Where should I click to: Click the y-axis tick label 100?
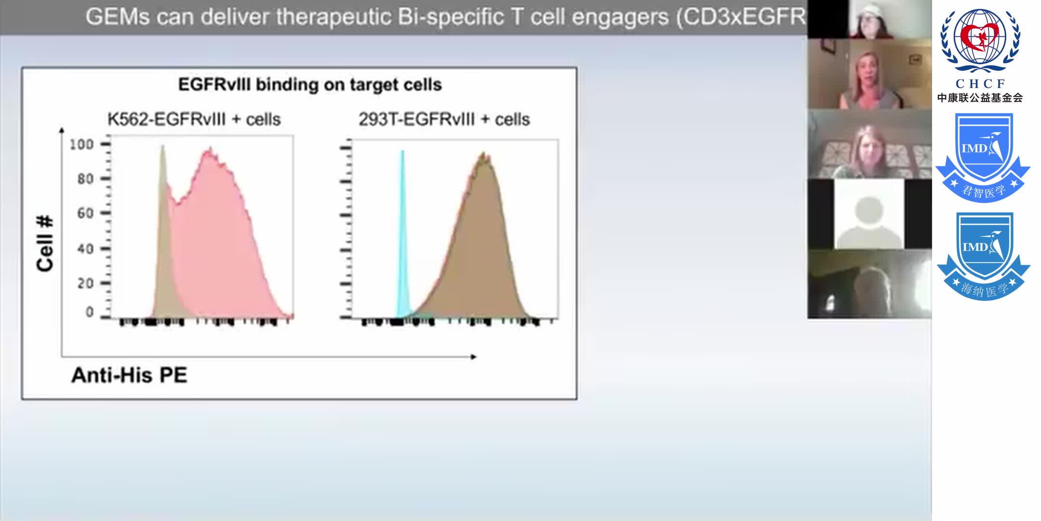(x=81, y=144)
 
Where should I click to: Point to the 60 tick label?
(x=85, y=213)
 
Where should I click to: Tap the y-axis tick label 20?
(x=85, y=283)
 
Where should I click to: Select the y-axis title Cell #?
(x=45, y=244)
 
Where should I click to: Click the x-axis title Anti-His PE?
(x=129, y=375)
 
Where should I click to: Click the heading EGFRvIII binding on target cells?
(x=310, y=85)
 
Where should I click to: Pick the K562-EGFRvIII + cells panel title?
(x=194, y=119)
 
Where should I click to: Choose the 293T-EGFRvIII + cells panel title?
(x=444, y=119)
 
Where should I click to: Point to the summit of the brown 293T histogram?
(x=483, y=155)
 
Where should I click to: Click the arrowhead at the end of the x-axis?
(x=474, y=357)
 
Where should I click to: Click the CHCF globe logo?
(x=980, y=41)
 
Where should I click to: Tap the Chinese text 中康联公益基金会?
(x=980, y=98)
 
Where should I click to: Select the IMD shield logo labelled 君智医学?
(x=983, y=157)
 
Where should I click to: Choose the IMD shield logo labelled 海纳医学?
(x=983, y=256)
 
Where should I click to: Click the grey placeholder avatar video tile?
(x=869, y=215)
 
